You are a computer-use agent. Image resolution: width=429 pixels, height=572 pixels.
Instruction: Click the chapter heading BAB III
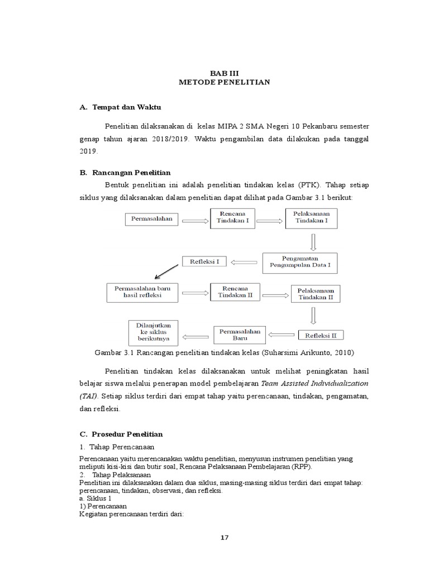[224, 73]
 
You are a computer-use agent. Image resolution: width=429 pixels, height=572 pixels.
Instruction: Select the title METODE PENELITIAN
[225, 82]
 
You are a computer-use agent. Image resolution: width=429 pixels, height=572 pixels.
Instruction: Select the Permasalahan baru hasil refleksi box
[142, 292]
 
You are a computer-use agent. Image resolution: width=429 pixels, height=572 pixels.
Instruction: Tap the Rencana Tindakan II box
[235, 292]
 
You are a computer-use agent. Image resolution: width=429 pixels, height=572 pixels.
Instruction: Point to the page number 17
[224, 538]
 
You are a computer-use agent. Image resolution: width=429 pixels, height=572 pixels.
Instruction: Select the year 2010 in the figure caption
[343, 352]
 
